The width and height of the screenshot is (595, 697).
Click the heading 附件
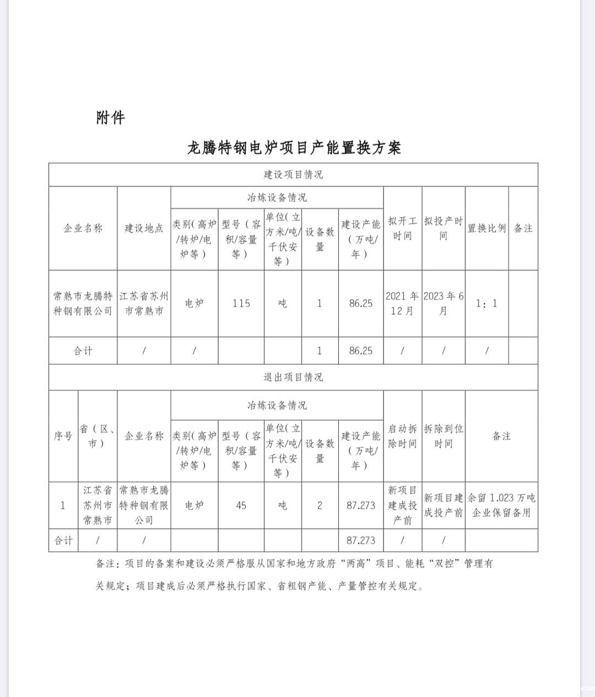110,117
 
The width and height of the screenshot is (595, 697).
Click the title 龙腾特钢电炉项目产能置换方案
294,148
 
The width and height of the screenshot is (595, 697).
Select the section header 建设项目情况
293,175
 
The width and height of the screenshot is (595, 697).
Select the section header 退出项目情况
293,377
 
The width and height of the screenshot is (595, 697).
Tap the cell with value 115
241,303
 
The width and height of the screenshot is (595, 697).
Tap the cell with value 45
241,505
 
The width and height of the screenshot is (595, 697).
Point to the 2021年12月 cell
402,303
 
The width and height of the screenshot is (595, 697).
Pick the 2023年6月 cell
443,303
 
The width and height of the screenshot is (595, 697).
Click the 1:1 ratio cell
487,303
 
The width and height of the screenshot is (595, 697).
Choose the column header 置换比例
487,228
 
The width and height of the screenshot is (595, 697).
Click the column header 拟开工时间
402,228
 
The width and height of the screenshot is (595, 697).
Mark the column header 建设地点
144,228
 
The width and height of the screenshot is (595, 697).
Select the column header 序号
63,436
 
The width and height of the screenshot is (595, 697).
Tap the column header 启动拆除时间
402,436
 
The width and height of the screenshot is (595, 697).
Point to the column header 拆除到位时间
443,436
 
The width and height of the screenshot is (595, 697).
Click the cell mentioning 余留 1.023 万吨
501,505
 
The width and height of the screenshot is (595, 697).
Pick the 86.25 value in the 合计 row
361,350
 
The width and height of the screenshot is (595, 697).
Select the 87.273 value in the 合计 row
361,541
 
